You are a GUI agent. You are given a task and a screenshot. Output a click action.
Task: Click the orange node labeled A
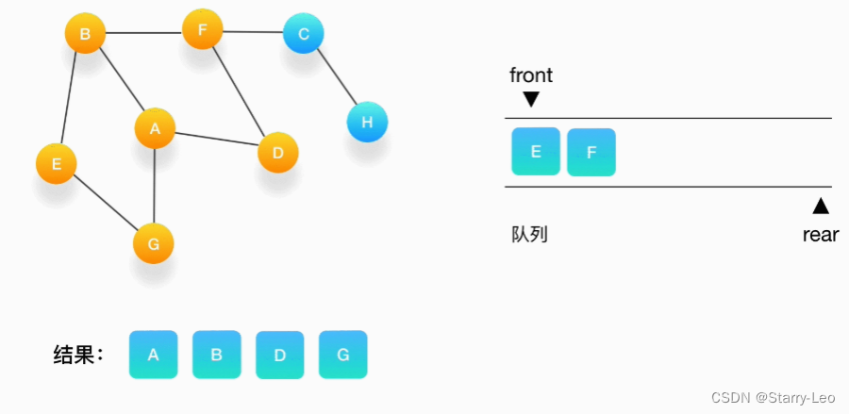coord(155,128)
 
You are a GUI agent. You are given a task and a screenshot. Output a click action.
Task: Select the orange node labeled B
coord(84,35)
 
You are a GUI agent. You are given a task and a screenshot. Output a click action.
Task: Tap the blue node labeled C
coord(303,34)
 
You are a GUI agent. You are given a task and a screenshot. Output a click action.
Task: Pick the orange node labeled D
coord(277,153)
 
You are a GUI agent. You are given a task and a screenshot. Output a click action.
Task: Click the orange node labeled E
coord(57,164)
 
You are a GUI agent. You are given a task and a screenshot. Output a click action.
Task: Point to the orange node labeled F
coord(202,29)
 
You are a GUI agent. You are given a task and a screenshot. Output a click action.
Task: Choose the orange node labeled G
coord(153,244)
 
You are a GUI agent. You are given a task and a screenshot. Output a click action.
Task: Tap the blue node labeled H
coord(367,123)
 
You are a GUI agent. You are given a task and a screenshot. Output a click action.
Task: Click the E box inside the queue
coord(536,152)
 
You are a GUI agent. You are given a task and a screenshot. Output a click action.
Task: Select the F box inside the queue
coord(591,153)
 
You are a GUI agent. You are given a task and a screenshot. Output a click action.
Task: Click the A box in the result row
coord(153,355)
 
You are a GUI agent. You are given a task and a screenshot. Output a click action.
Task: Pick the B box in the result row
coord(216,355)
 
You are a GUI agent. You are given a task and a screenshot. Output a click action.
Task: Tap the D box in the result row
coord(279,355)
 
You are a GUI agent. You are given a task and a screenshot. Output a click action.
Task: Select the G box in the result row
coord(342,355)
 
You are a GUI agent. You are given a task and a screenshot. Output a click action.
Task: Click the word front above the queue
coord(531,75)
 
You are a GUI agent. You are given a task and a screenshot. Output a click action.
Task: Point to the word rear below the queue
coord(820,235)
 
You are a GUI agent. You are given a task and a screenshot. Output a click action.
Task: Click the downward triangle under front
coord(531,99)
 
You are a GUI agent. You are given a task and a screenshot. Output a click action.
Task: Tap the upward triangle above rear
coord(821,206)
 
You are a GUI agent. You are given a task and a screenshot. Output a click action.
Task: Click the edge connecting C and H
coord(336,79)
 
